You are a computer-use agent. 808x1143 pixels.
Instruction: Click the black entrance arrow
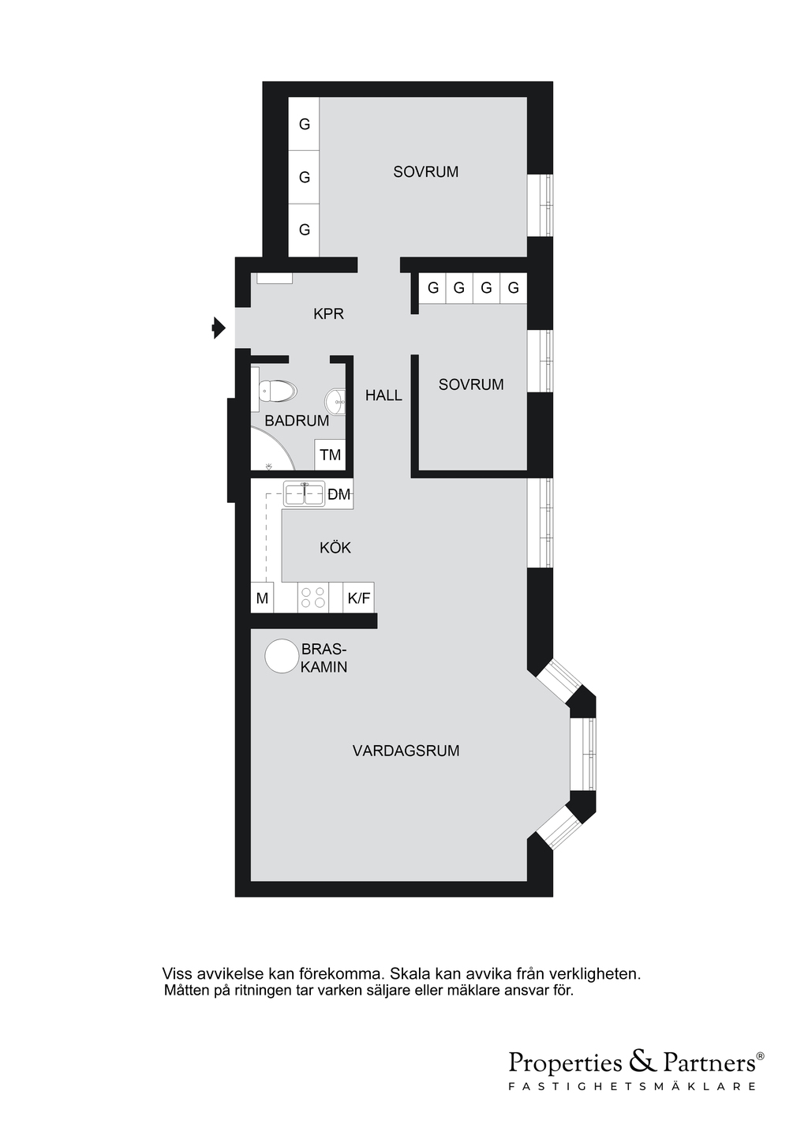tap(219, 328)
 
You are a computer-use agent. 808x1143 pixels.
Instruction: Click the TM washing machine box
tap(330, 454)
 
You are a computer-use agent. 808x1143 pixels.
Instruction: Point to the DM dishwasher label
tap(339, 494)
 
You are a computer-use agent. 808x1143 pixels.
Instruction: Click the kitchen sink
tap(304, 494)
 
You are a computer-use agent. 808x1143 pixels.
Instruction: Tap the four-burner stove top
tap(313, 597)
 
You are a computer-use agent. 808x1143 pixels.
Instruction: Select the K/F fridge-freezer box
tap(358, 598)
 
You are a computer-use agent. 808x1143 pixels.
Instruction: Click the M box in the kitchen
tap(262, 598)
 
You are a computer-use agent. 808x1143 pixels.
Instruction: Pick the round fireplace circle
tap(282, 656)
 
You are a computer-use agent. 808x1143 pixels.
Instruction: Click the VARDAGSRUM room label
tap(406, 751)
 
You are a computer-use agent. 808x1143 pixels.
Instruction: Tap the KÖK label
tap(335, 547)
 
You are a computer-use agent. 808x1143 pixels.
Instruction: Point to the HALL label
tap(383, 395)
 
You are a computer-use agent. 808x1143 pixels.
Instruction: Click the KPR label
tap(328, 314)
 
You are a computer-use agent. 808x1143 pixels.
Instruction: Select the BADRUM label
tap(297, 421)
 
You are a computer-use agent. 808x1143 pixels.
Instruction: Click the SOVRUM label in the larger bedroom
tap(426, 172)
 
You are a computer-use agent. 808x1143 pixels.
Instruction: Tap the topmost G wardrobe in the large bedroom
tap(304, 124)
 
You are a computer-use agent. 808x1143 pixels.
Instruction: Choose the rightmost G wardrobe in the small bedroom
tap(513, 288)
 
